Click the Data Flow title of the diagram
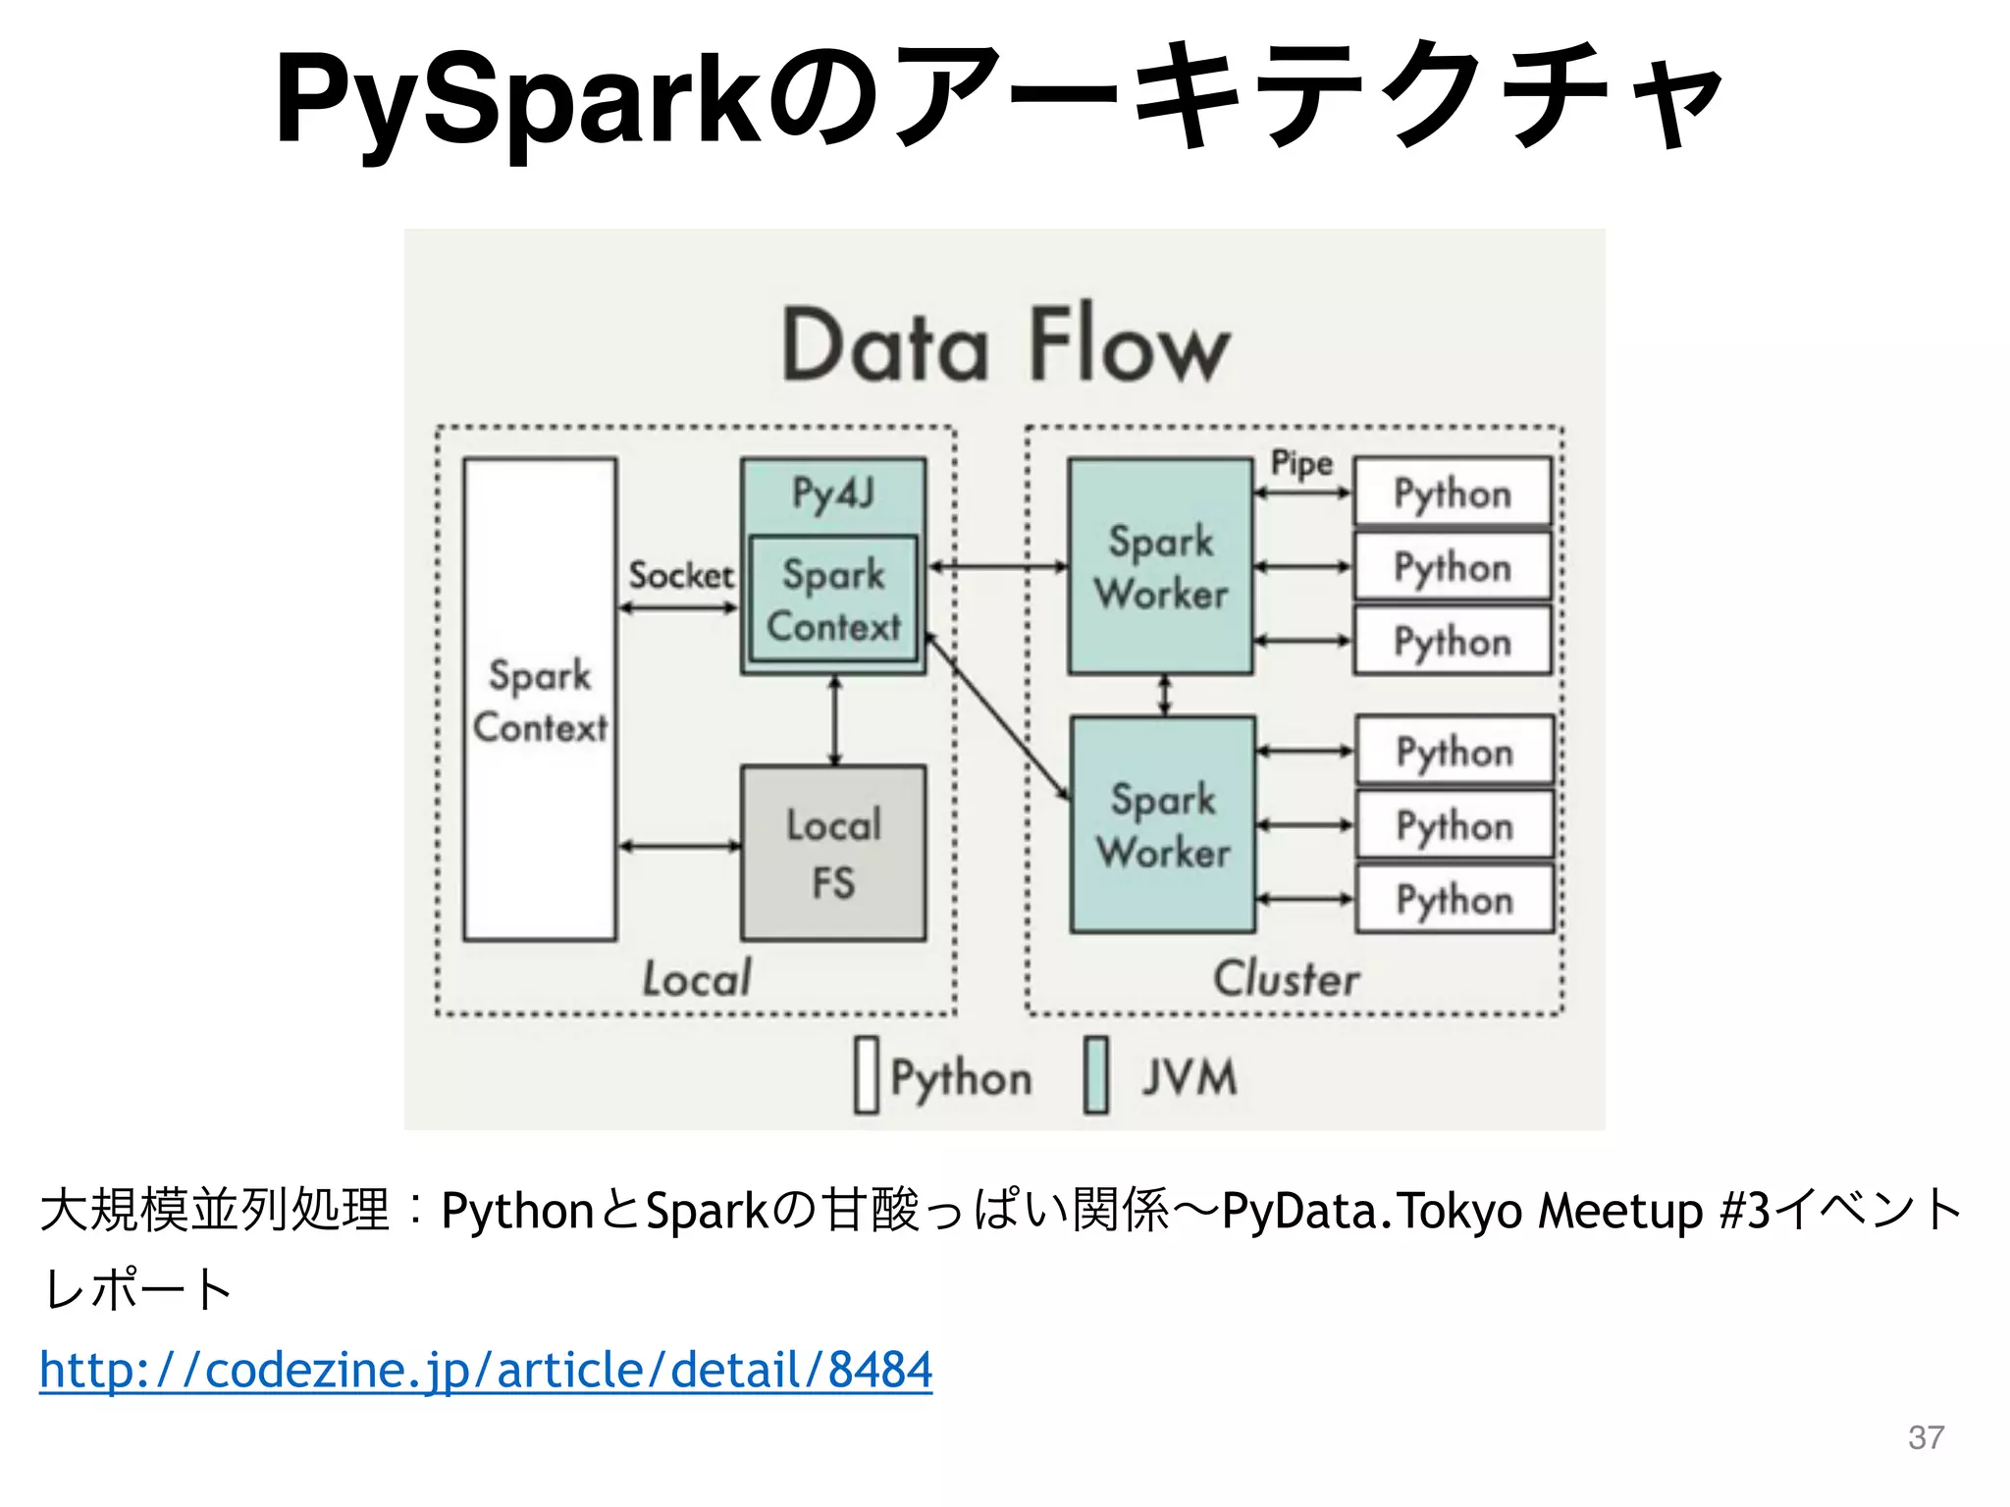coord(1005,345)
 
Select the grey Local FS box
coord(833,853)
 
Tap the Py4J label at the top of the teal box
coord(833,494)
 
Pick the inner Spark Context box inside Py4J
coord(833,598)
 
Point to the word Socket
coord(680,575)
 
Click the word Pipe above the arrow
coord(1301,463)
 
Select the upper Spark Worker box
coord(1161,566)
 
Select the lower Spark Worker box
coord(1163,824)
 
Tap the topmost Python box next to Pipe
coord(1453,493)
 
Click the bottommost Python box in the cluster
coord(1455,899)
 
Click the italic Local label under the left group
coord(697,978)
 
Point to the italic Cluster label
coord(1287,978)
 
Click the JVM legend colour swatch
coord(1096,1075)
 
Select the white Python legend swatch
coord(867,1075)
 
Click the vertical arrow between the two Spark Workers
coord(1165,695)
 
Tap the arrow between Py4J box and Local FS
coord(835,719)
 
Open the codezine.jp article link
coord(486,1369)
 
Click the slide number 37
coord(1926,1437)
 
